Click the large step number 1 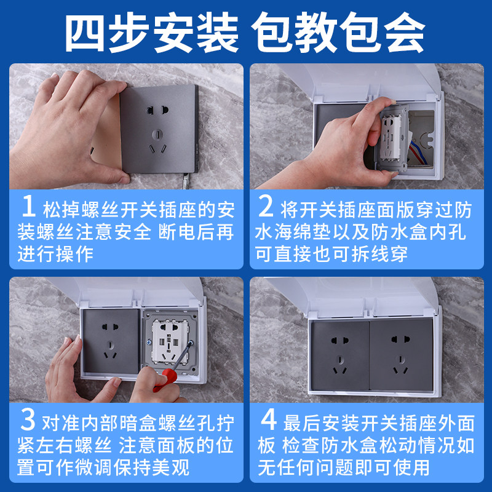click(x=28, y=206)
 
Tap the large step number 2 click(x=266, y=206)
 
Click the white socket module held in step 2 click(x=392, y=138)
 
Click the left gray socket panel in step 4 click(x=340, y=355)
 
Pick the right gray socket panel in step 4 click(x=402, y=354)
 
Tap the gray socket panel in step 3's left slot click(x=111, y=341)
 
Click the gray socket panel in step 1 click(x=159, y=129)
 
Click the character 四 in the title click(x=85, y=32)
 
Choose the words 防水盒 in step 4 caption click(x=350, y=445)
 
